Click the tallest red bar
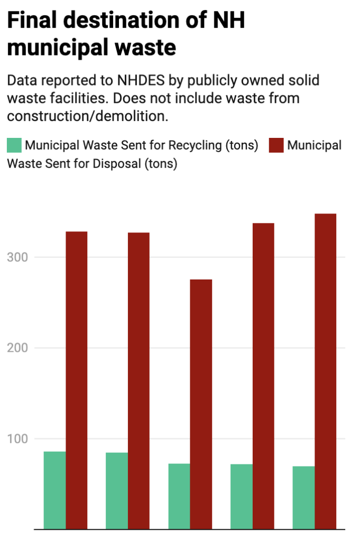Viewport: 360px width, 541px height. point(325,370)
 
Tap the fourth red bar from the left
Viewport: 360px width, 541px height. point(263,375)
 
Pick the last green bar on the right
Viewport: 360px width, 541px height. point(303,497)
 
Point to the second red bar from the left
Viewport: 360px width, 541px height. point(139,380)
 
